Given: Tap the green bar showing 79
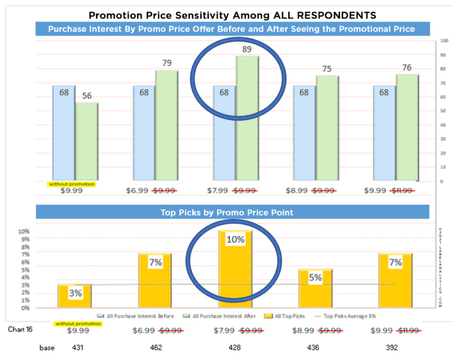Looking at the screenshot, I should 167,125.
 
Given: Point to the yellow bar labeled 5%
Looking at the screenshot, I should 315,288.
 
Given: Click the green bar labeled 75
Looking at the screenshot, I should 327,128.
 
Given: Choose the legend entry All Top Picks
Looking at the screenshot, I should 290,316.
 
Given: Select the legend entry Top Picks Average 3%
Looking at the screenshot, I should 346,316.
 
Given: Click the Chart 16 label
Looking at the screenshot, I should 20,329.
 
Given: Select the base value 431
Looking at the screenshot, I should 78,346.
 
